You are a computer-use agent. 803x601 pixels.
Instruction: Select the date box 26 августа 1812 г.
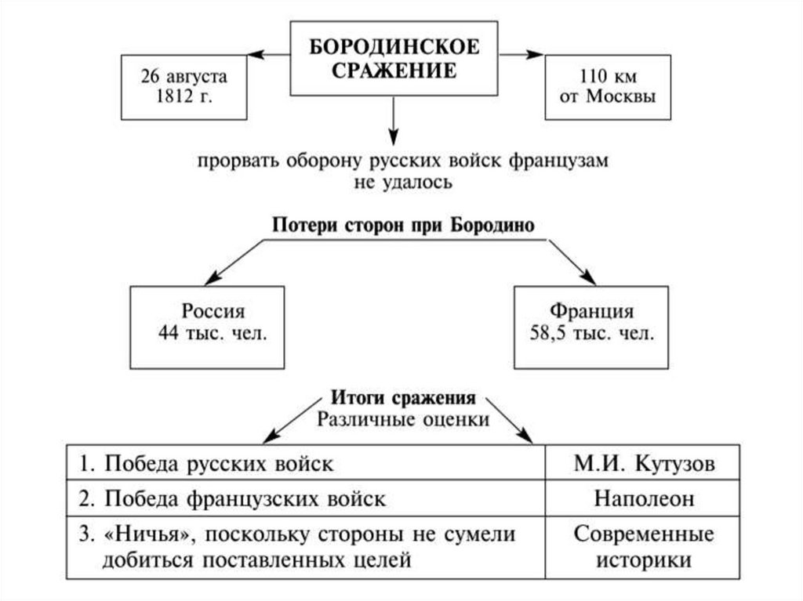pyautogui.click(x=183, y=86)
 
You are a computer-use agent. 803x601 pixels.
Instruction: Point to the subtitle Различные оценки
pyautogui.click(x=403, y=418)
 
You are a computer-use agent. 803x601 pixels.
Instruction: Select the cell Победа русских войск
pyautogui.click(x=306, y=463)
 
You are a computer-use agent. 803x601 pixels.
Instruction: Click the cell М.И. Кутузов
pyautogui.click(x=644, y=463)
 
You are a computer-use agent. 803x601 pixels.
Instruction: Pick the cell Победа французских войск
pyautogui.click(x=306, y=498)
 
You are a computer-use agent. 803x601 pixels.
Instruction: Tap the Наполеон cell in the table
pyautogui.click(x=644, y=498)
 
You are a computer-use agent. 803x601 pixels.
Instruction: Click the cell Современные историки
pyautogui.click(x=644, y=548)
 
